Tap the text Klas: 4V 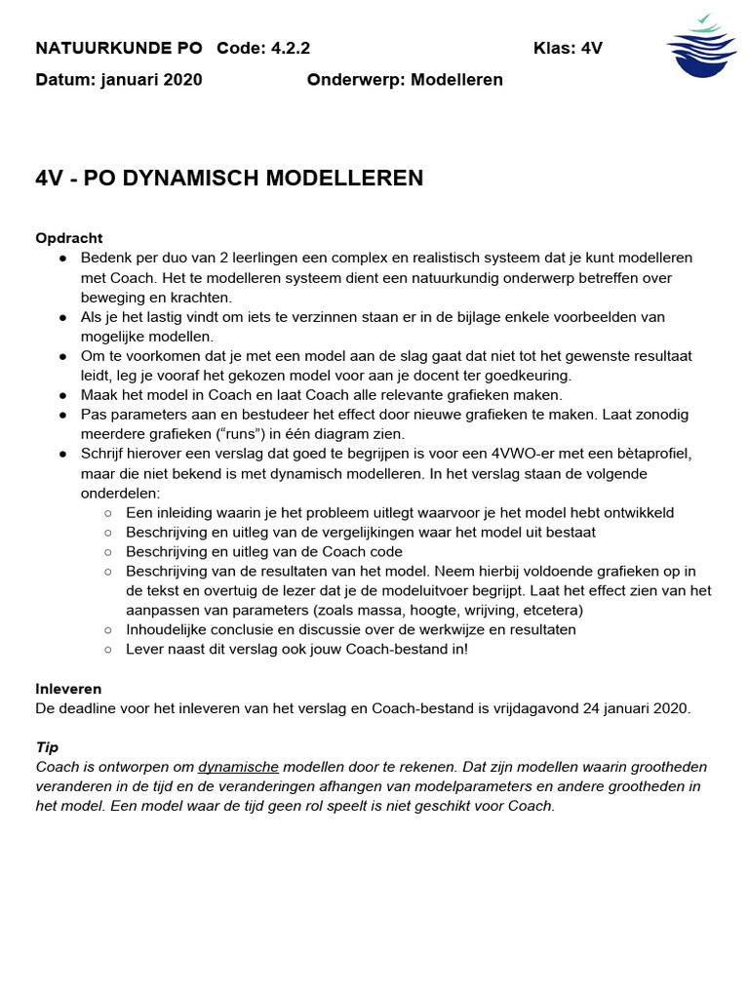click(568, 49)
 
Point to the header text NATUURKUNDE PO click(119, 49)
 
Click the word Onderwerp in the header click(353, 80)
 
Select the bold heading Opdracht click(69, 238)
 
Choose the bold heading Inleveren click(68, 689)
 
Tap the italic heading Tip click(46, 747)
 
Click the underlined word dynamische click(239, 767)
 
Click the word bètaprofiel click(646, 454)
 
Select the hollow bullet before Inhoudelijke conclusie click(108, 629)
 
